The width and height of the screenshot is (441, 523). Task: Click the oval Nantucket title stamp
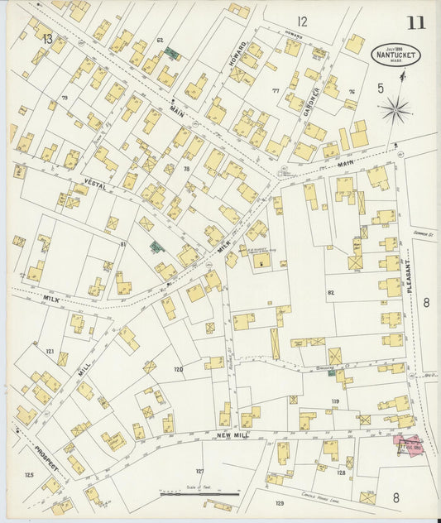coord(395,55)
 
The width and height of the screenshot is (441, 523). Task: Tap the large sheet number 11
coord(415,22)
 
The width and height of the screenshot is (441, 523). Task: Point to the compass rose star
coord(396,108)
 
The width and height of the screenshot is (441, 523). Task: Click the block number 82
coord(331,293)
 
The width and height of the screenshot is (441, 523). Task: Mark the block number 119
coord(335,401)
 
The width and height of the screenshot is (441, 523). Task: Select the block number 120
coord(177,369)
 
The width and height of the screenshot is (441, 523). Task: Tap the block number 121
coord(50,351)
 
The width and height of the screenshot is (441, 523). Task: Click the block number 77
coord(276,91)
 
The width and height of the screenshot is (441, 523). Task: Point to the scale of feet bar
coord(199,494)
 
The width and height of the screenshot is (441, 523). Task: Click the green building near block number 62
coord(172,53)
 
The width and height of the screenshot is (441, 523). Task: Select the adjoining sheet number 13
coord(47,39)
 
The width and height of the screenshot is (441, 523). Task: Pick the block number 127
coord(199,470)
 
